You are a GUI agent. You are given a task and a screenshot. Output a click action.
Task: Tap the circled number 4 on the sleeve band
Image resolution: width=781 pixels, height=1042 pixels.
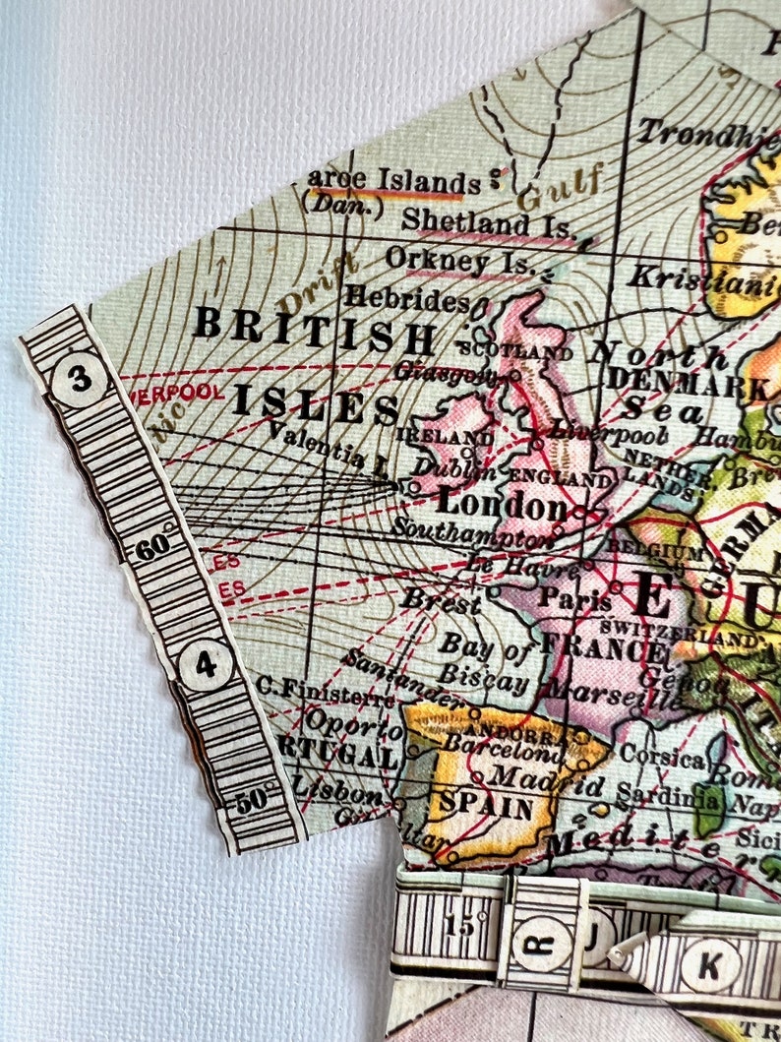point(205,666)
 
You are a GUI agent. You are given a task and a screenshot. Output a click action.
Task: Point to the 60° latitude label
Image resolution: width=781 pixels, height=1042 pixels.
point(149,549)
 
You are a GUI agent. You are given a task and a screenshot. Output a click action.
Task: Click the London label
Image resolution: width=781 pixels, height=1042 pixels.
point(502,506)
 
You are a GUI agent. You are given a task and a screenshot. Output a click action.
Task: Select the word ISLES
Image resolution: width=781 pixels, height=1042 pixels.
point(316,406)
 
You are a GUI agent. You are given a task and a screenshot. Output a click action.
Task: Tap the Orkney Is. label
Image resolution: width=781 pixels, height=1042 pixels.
point(460,261)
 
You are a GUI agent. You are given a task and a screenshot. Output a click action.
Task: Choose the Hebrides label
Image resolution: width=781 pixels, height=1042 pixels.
point(406,297)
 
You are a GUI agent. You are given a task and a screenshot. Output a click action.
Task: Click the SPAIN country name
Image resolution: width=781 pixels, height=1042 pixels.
point(486,807)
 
